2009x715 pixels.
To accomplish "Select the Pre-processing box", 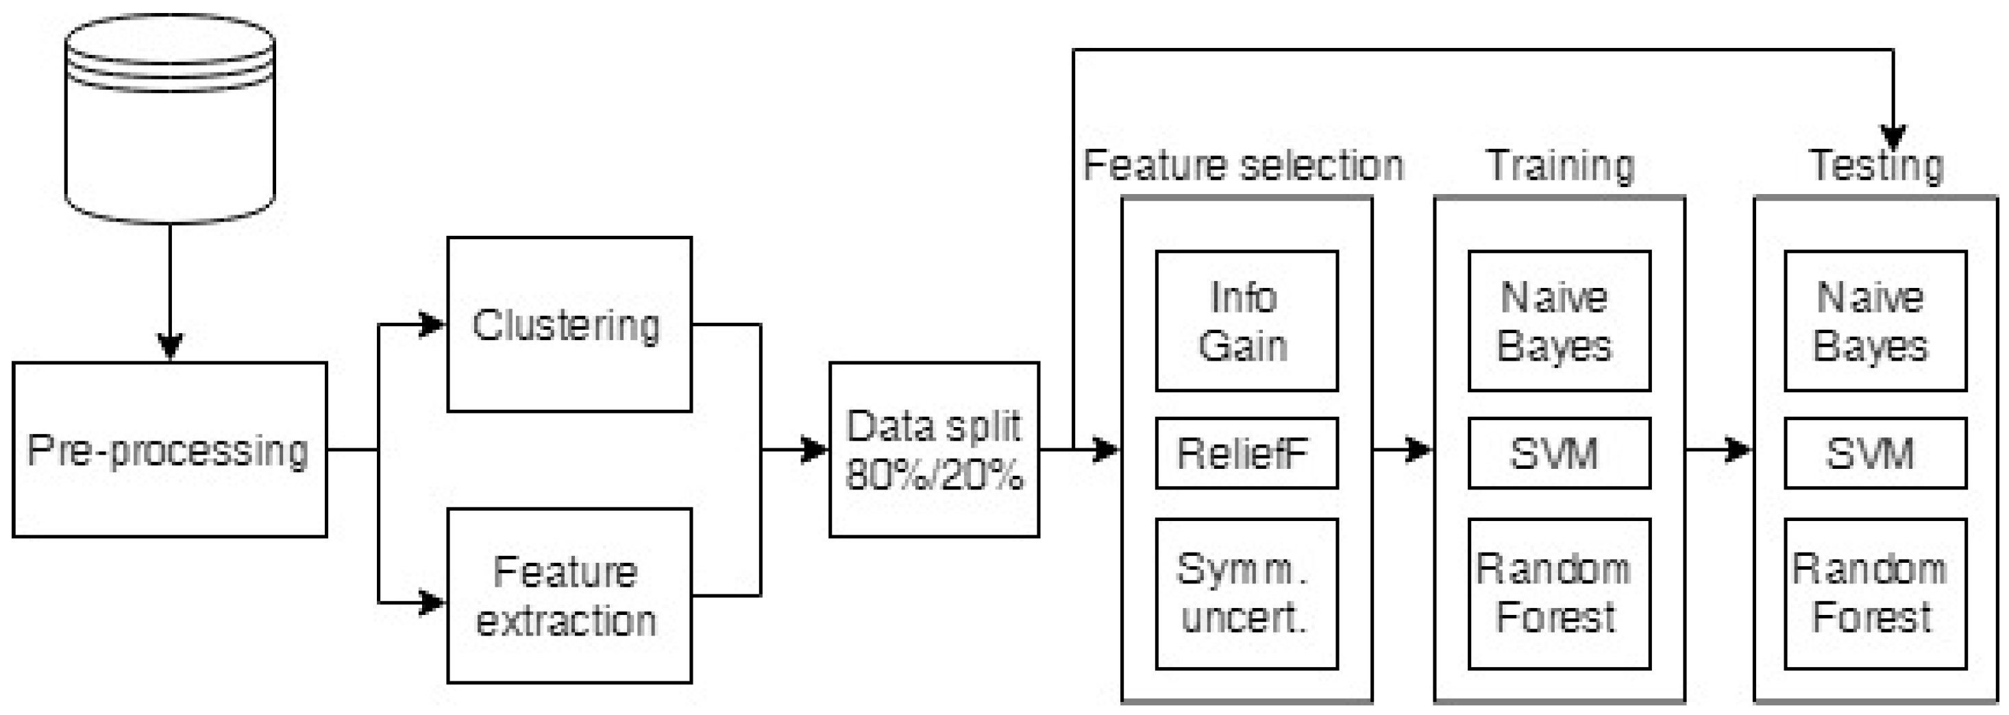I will coord(169,450).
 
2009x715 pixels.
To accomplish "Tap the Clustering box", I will coord(569,324).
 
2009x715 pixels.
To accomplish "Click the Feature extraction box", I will coord(569,596).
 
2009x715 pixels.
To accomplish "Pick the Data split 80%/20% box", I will coord(933,450).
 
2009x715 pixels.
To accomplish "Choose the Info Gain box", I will coord(1246,321).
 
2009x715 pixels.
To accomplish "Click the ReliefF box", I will coord(1246,452).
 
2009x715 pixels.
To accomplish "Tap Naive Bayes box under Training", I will coord(1558,321).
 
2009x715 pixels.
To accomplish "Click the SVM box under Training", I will coord(1558,452).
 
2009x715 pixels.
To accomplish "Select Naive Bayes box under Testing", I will coord(1874,321).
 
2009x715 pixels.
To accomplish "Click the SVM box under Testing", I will coord(1874,452).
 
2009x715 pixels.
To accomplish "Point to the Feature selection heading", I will coord(1243,165).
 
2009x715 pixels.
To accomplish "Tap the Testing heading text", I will coord(1875,165).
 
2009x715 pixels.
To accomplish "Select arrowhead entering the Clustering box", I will coord(431,324).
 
